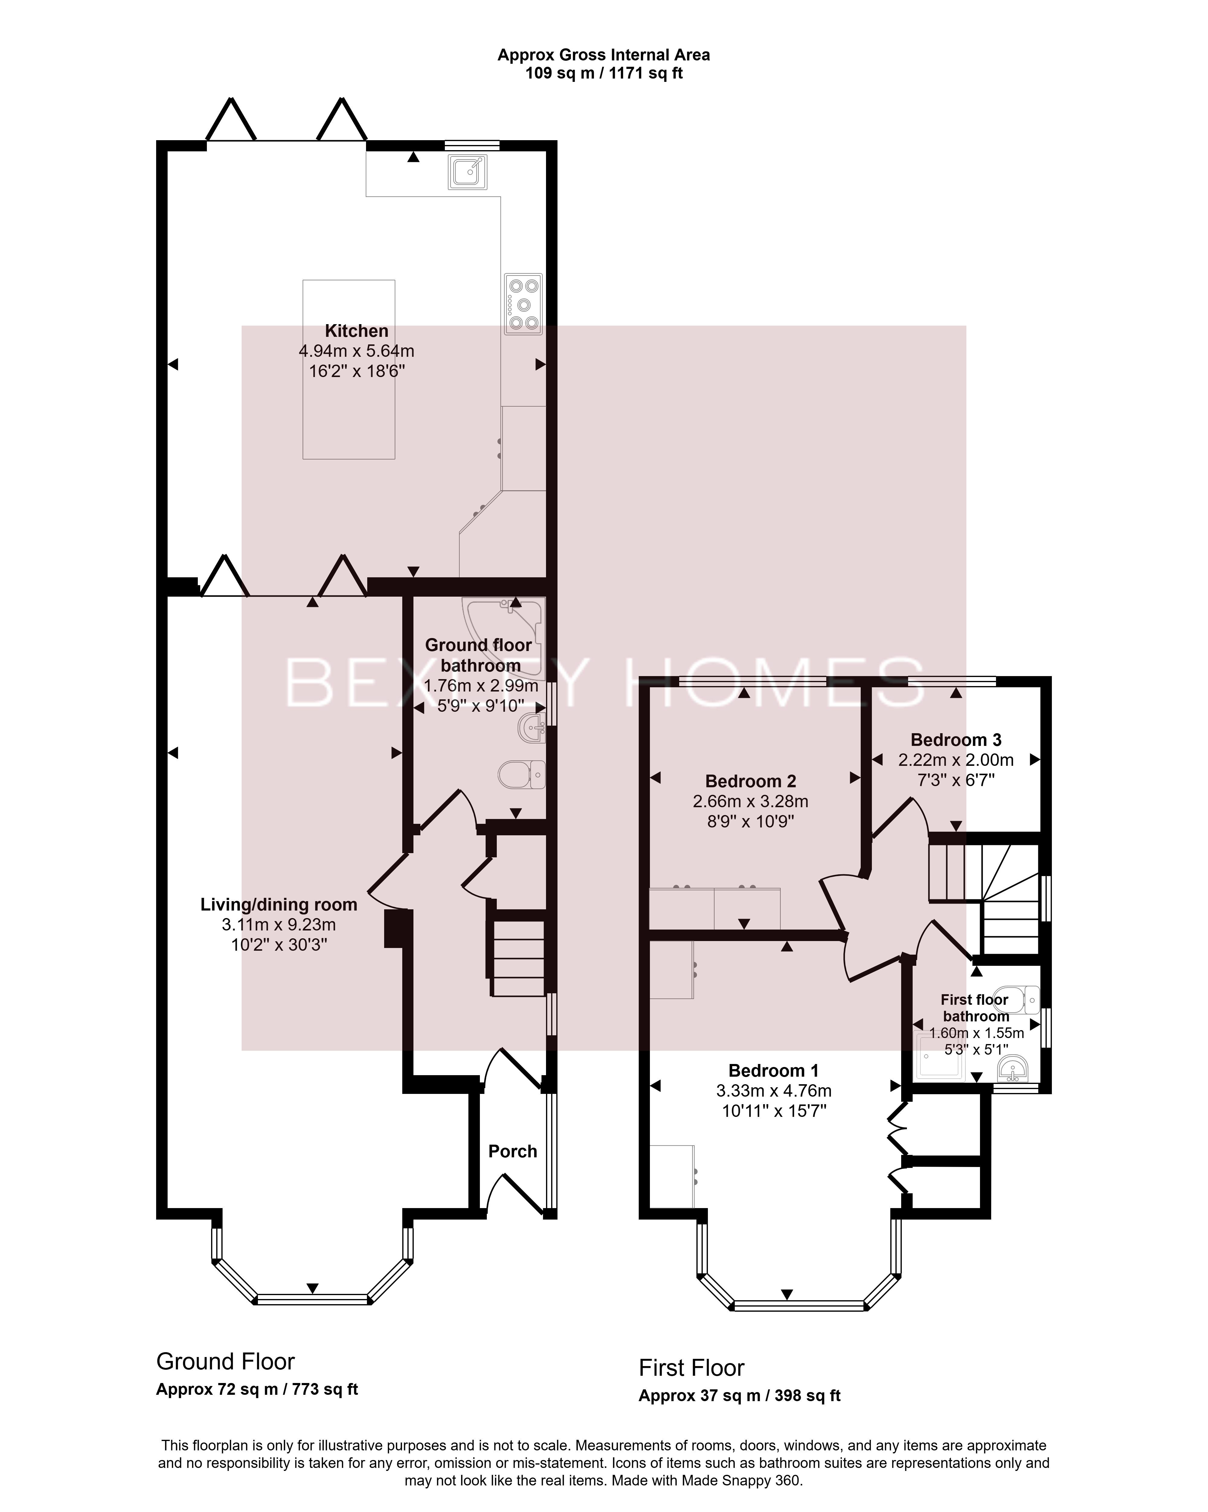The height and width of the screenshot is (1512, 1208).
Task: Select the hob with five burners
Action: point(523,304)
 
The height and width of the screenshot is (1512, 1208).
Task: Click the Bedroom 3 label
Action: point(956,740)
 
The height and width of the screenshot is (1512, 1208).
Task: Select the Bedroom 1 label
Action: point(773,1071)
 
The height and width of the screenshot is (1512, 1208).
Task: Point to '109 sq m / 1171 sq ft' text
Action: point(604,73)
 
